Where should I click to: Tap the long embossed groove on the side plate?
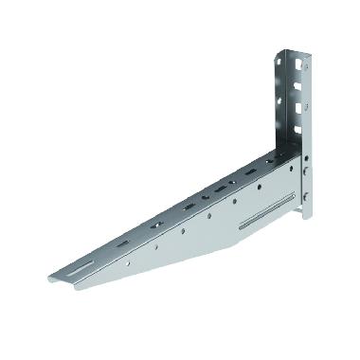pyautogui.click(x=260, y=222)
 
